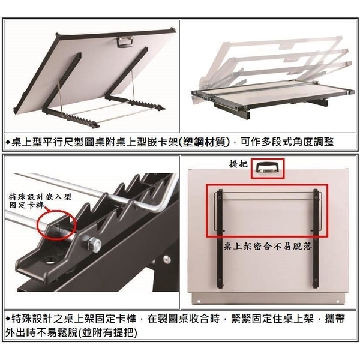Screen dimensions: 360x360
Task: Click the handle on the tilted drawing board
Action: point(125,42)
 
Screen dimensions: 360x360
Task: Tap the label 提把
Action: point(238,164)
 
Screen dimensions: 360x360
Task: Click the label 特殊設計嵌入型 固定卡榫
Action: point(40,200)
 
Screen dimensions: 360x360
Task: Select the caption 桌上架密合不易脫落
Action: point(268,247)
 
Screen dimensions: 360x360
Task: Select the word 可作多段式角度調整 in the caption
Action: point(287,142)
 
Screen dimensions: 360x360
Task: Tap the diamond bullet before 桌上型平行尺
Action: point(8,142)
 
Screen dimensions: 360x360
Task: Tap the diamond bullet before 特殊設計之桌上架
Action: point(8,319)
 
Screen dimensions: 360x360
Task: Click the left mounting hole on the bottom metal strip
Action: point(199,301)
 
